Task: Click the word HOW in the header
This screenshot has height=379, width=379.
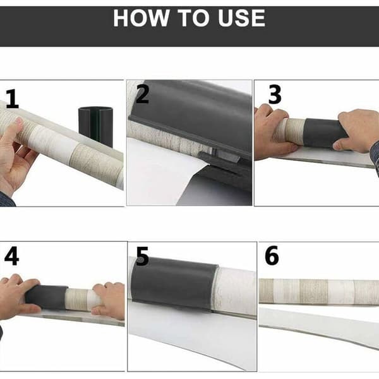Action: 141,18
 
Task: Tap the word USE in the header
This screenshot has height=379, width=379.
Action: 241,18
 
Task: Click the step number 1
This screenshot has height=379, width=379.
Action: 13,99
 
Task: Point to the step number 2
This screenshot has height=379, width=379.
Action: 142,94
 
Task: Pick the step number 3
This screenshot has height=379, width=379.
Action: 275,94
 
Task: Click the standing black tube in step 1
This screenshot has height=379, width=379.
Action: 96,127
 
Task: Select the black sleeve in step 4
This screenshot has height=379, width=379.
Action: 46,298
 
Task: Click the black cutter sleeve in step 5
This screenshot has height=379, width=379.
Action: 174,283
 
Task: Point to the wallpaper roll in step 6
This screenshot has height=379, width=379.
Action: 319,291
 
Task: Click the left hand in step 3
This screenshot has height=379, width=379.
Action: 273,132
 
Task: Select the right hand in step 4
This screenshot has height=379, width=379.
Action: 109,301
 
